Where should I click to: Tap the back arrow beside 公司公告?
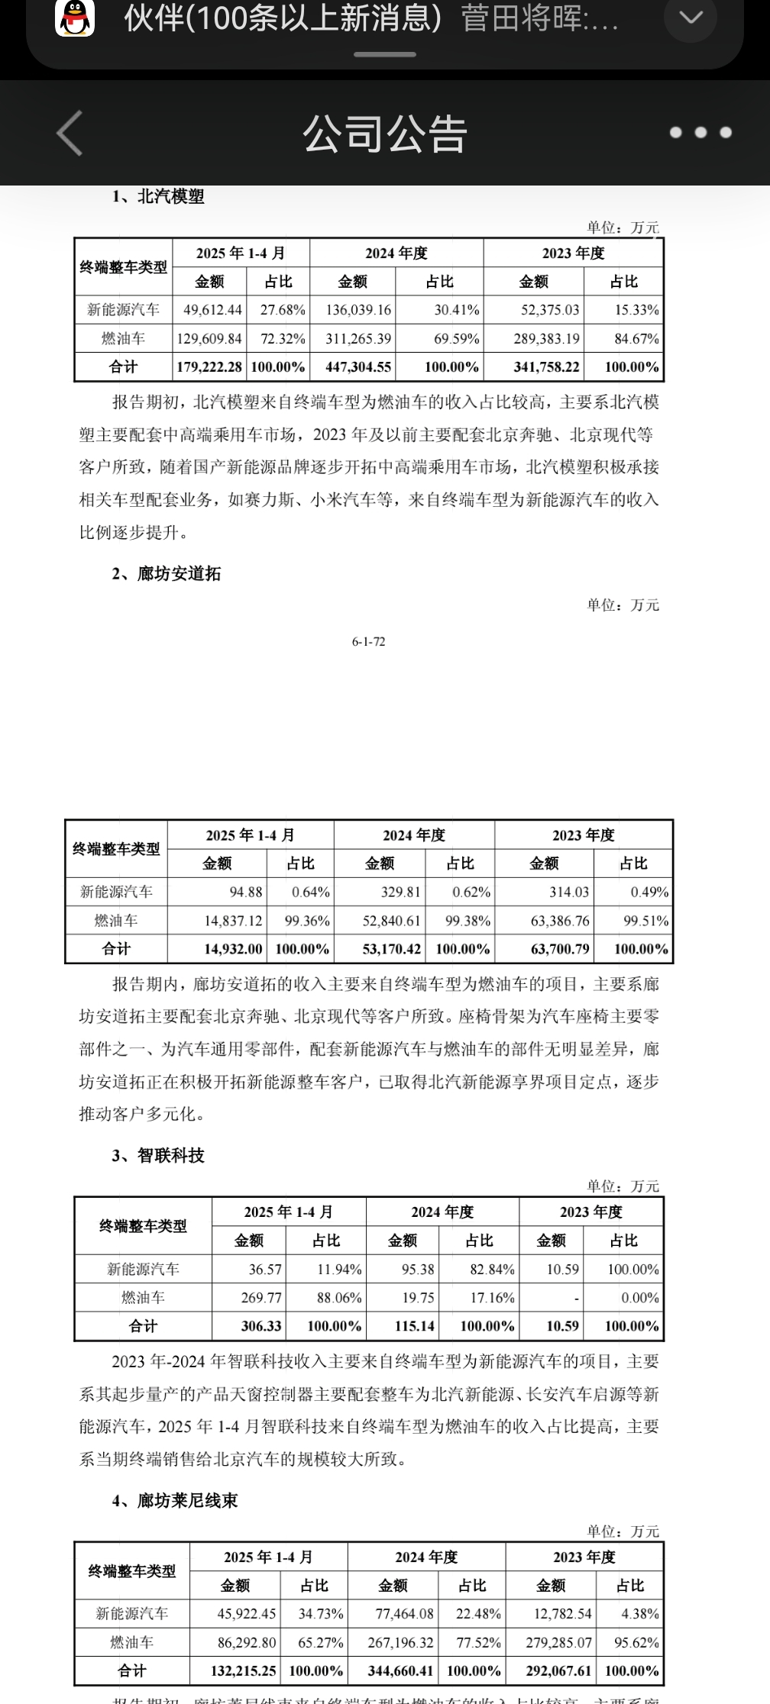pos(70,133)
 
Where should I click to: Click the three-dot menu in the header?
pos(700,133)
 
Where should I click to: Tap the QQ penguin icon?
pos(74,18)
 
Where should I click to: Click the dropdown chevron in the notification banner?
pos(691,18)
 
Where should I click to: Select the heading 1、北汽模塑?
pos(158,197)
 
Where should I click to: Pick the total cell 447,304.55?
pos(358,367)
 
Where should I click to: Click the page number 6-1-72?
pos(368,642)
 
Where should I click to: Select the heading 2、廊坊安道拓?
pos(167,574)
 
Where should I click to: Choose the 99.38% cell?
pos(467,921)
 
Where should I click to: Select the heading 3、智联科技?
pos(158,1156)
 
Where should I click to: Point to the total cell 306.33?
pos(261,1326)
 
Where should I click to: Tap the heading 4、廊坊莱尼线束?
pos(175,1501)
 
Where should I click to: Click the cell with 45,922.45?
pos(247,1614)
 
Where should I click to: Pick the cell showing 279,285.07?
pos(558,1642)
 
